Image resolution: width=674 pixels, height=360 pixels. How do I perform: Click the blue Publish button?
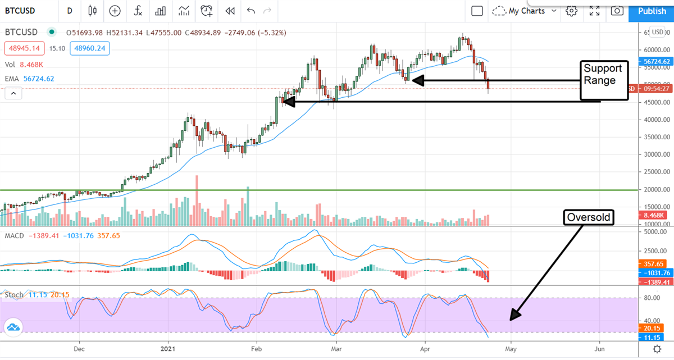pyautogui.click(x=652, y=11)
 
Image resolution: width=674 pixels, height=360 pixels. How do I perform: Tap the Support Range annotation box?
pyautogui.click(x=603, y=80)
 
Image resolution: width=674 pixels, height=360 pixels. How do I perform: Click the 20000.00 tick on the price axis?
pyautogui.click(x=655, y=190)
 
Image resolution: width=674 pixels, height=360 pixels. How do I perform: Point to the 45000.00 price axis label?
pyautogui.click(x=655, y=102)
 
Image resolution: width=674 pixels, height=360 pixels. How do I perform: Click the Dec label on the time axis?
pyautogui.click(x=79, y=348)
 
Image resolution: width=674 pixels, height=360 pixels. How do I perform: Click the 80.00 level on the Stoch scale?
pyautogui.click(x=652, y=298)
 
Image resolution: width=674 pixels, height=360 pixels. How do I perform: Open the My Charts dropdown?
pyautogui.click(x=526, y=11)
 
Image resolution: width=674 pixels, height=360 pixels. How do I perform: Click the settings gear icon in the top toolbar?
pyautogui.click(x=572, y=11)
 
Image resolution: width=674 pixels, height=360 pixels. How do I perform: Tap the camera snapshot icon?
pyautogui.click(x=617, y=11)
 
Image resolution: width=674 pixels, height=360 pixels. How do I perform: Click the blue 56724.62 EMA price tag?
pyautogui.click(x=655, y=61)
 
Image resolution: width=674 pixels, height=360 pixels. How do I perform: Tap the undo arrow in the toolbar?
pyautogui.click(x=251, y=11)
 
